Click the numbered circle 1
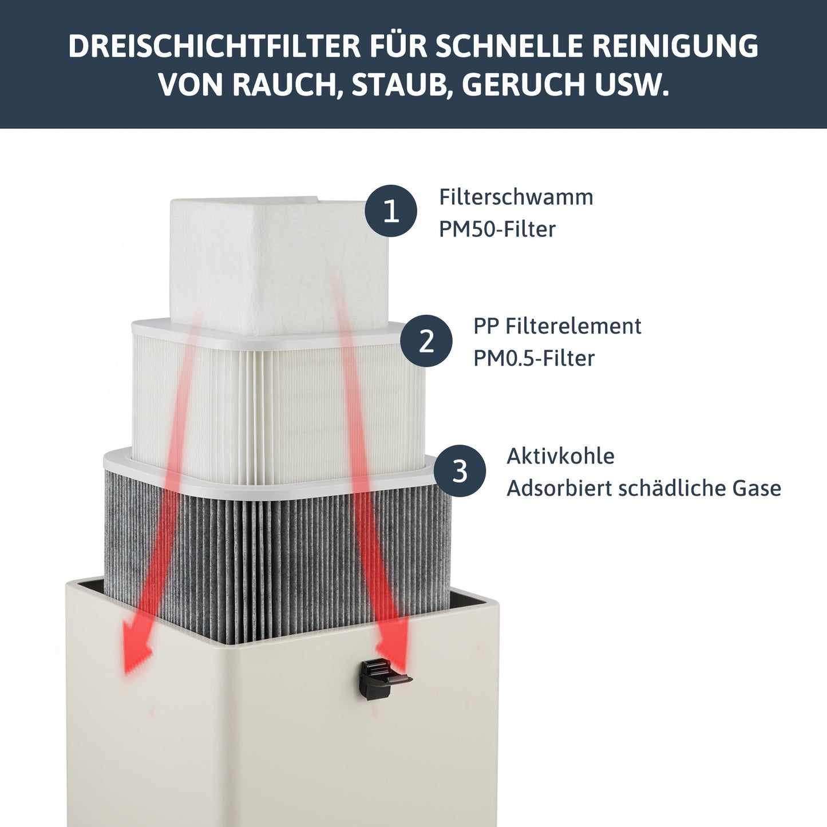click(391, 211)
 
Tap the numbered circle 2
click(426, 341)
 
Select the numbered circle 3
click(460, 471)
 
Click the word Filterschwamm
click(516, 197)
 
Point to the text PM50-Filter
click(497, 229)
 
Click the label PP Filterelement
click(556, 326)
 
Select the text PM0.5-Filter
click(533, 358)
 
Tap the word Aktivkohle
click(560, 456)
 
